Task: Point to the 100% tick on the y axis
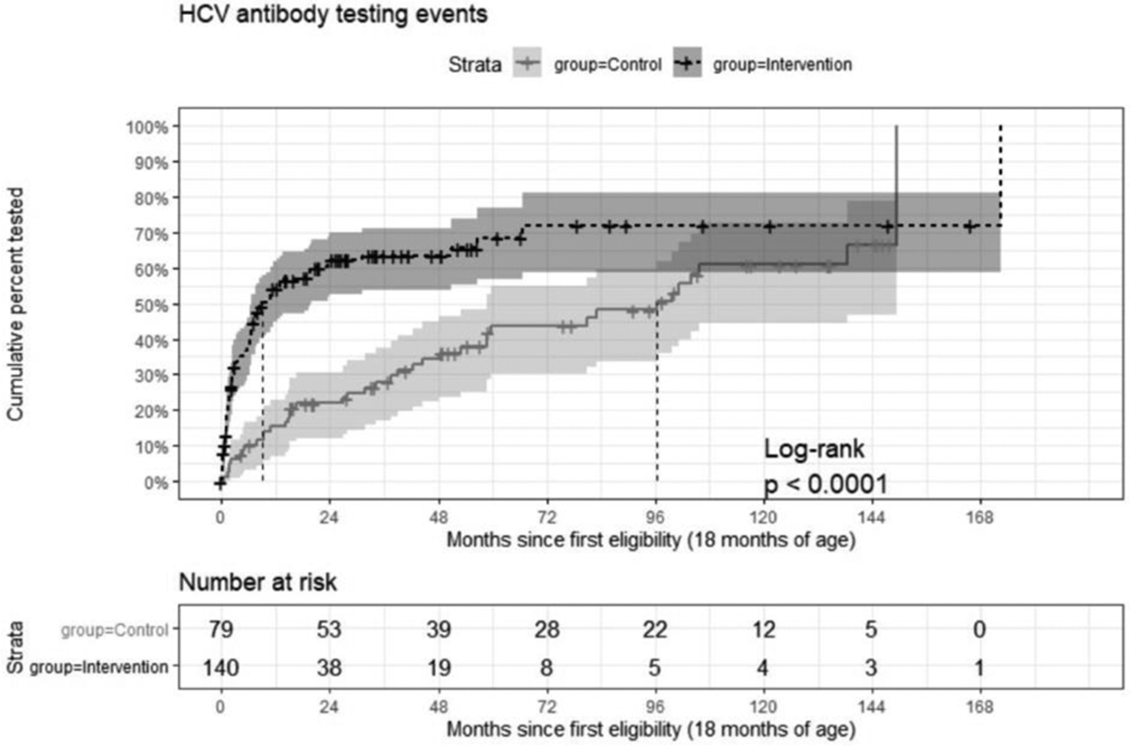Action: pyautogui.click(x=148, y=127)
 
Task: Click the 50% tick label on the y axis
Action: pyautogui.click(x=151, y=305)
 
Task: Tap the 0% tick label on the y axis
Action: pyautogui.click(x=155, y=482)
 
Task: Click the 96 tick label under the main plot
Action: pyautogui.click(x=656, y=517)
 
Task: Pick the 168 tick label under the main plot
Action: pyautogui.click(x=981, y=517)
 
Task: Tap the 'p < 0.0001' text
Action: pyautogui.click(x=825, y=484)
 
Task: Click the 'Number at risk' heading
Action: pyautogui.click(x=257, y=583)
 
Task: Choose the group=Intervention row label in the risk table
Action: pyautogui.click(x=99, y=668)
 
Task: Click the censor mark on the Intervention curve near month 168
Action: pyautogui.click(x=970, y=226)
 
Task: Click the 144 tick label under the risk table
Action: pyautogui.click(x=873, y=705)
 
